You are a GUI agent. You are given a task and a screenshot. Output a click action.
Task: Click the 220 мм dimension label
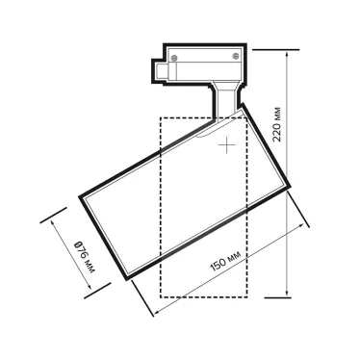click(277, 124)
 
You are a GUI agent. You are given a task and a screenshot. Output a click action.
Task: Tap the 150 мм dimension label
click(225, 261)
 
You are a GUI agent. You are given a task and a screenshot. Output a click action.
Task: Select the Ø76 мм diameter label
click(86, 257)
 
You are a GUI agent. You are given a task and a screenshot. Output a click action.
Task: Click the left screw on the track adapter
click(174, 58)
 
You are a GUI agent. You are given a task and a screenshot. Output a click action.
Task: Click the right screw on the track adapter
click(237, 55)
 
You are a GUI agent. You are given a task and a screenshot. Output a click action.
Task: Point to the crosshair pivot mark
click(227, 144)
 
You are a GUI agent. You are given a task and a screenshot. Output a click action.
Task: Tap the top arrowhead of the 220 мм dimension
click(288, 53)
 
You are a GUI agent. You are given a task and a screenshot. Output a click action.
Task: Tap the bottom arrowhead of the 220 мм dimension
click(288, 294)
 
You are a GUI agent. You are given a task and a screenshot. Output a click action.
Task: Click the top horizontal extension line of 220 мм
click(276, 50)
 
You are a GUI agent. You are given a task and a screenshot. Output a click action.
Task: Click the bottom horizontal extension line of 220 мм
click(278, 297)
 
